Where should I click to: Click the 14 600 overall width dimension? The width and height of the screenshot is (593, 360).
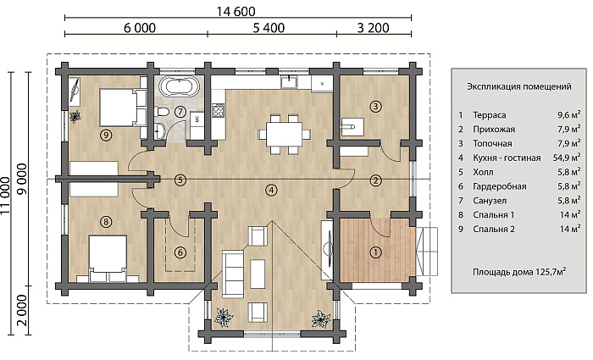coord(236,11)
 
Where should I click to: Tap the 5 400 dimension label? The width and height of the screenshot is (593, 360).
coord(269,28)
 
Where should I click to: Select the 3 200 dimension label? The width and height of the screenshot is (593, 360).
coord(373,28)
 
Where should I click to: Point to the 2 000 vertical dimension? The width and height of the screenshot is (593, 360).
coord(22,311)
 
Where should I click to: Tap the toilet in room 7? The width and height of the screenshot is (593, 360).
coord(162,112)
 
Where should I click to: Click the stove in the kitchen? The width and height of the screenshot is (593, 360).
coord(219,110)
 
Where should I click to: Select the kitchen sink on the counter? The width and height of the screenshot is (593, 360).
coord(290,81)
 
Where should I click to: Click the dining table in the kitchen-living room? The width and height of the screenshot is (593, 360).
coord(285,134)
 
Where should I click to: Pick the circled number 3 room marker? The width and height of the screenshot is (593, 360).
coord(375,106)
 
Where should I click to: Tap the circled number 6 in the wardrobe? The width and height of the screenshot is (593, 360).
coord(180,252)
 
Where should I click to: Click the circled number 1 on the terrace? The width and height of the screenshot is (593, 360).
coord(375,252)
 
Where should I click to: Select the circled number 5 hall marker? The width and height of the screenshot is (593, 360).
coord(180,180)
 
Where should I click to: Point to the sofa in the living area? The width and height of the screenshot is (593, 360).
coord(233,274)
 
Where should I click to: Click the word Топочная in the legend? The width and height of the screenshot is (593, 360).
coord(492,144)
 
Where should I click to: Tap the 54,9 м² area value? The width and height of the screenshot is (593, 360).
coord(567,158)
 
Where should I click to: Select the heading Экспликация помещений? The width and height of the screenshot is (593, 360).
coord(518,86)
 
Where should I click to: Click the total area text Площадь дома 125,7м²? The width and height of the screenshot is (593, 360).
coord(519,272)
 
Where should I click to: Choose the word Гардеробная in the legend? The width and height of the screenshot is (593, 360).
coord(500,186)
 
